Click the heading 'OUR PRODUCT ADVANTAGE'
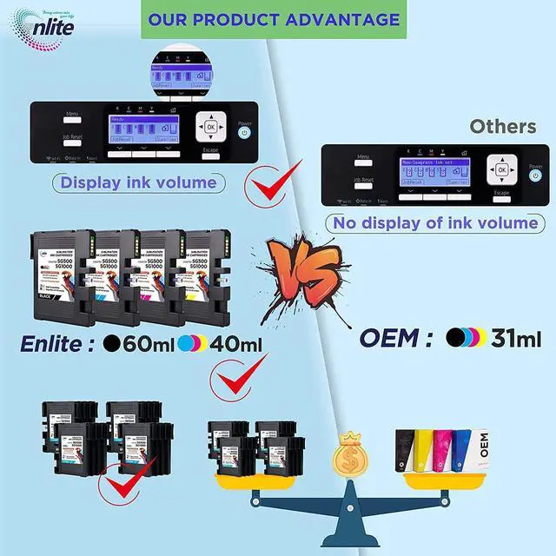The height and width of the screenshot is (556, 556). [274, 19]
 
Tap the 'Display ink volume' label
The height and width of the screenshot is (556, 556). [138, 182]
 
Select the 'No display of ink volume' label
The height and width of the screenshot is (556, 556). [434, 223]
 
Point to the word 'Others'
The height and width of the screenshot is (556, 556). [503, 127]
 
